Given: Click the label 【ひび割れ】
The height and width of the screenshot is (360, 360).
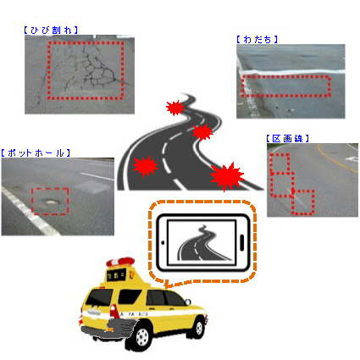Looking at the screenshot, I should point(50,30).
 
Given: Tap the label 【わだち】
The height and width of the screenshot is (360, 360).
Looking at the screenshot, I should point(257,38).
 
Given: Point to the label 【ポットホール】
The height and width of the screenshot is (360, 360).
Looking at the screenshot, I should point(36,152).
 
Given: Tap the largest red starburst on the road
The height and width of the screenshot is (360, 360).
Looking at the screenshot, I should point(226,176).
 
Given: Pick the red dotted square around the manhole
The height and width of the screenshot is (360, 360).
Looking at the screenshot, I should point(50,201).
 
